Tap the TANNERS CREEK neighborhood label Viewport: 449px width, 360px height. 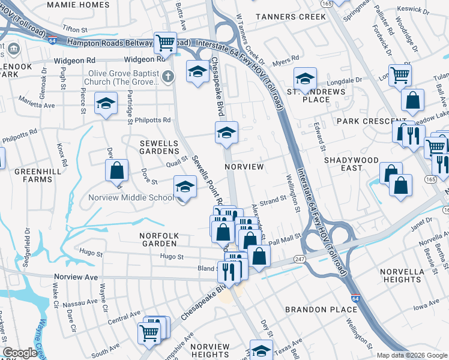(x=291, y=17)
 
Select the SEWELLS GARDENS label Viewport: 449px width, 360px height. (x=159, y=148)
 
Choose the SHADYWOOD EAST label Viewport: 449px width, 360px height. (x=351, y=164)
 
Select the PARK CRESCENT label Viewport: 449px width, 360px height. (x=364, y=121)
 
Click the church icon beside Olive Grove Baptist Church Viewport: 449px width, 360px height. (x=167, y=76)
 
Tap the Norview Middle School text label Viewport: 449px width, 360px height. (x=131, y=198)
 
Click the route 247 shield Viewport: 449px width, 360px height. (x=298, y=259)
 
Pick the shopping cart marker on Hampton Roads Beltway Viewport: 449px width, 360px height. (x=165, y=43)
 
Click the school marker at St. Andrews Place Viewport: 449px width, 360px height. (x=305, y=79)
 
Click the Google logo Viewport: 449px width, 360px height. (x=20, y=353)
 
